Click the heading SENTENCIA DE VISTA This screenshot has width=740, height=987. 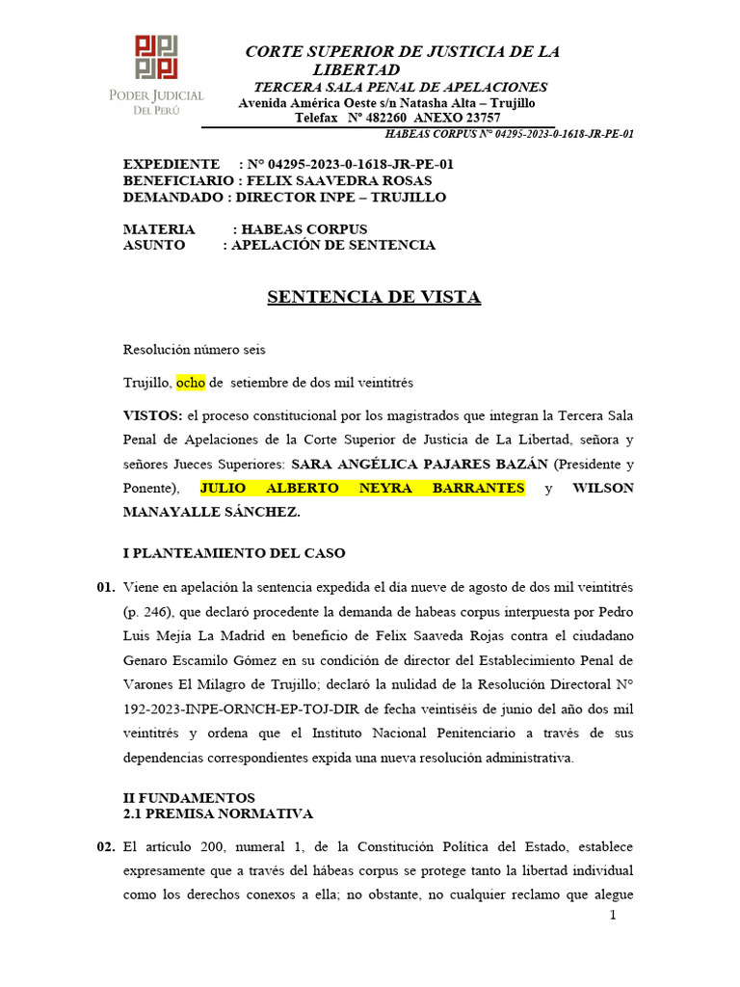[x=373, y=297]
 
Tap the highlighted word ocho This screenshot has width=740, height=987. [x=191, y=383]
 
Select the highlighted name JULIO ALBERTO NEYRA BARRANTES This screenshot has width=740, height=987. [x=362, y=488]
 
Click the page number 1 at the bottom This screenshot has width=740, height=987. [x=612, y=914]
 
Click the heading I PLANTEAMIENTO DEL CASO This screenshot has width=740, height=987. [x=234, y=553]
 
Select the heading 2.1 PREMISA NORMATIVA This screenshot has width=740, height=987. [x=219, y=814]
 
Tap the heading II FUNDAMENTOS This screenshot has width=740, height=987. [x=189, y=798]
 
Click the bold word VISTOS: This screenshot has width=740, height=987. [x=153, y=415]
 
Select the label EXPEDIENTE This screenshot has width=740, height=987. [x=172, y=164]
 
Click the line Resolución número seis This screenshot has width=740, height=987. [x=195, y=350]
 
